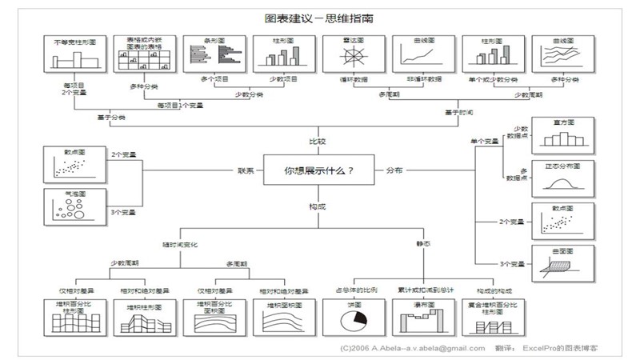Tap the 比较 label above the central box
tap(318, 142)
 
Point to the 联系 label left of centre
tap(246, 170)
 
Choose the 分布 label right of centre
tap(395, 170)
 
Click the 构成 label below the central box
tap(318, 206)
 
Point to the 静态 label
tap(422, 243)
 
